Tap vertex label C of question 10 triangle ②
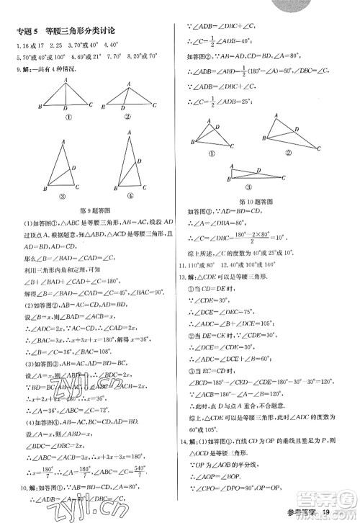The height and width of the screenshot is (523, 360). tap(321, 147)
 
